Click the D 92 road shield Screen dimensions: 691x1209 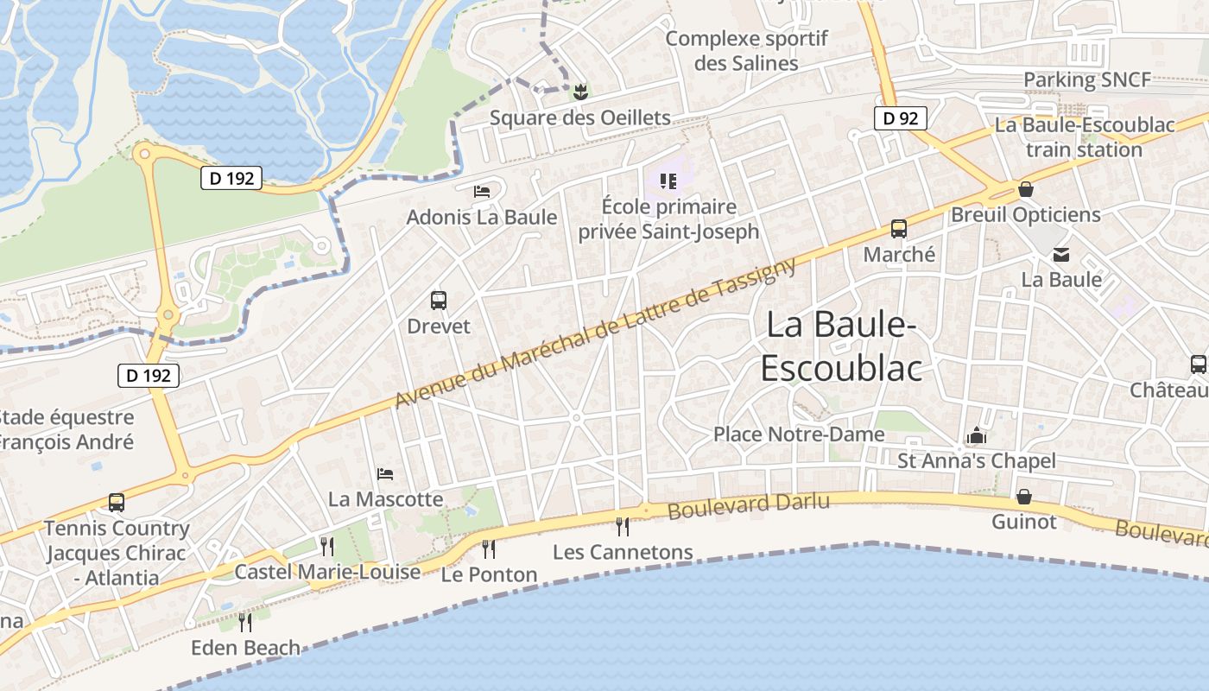pos(901,117)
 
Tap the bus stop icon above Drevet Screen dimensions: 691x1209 pos(439,301)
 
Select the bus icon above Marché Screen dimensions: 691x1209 pos(899,229)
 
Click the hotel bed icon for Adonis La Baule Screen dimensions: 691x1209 pos(482,191)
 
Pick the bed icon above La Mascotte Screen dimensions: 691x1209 pos(386,473)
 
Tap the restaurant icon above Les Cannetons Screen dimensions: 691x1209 pos(622,526)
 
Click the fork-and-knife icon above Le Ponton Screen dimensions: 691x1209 pos(489,548)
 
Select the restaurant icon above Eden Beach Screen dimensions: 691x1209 pos(245,621)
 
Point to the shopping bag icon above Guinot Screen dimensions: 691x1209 pos(1024,497)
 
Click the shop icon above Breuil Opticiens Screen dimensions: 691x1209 pos(1026,188)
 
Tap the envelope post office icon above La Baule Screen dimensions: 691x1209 pos(1061,254)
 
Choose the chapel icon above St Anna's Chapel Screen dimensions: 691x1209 pos(978,434)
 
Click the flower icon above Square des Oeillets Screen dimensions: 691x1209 pos(580,91)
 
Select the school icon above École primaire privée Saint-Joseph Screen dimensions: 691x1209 pos(668,181)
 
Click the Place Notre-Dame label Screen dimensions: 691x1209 pos(799,434)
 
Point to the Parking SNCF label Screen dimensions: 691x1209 pos(1086,80)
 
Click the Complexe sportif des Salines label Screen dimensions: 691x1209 pos(746,51)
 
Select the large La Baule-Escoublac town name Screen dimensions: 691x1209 pos(840,346)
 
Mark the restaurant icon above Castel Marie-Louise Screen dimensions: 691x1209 pos(326,546)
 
